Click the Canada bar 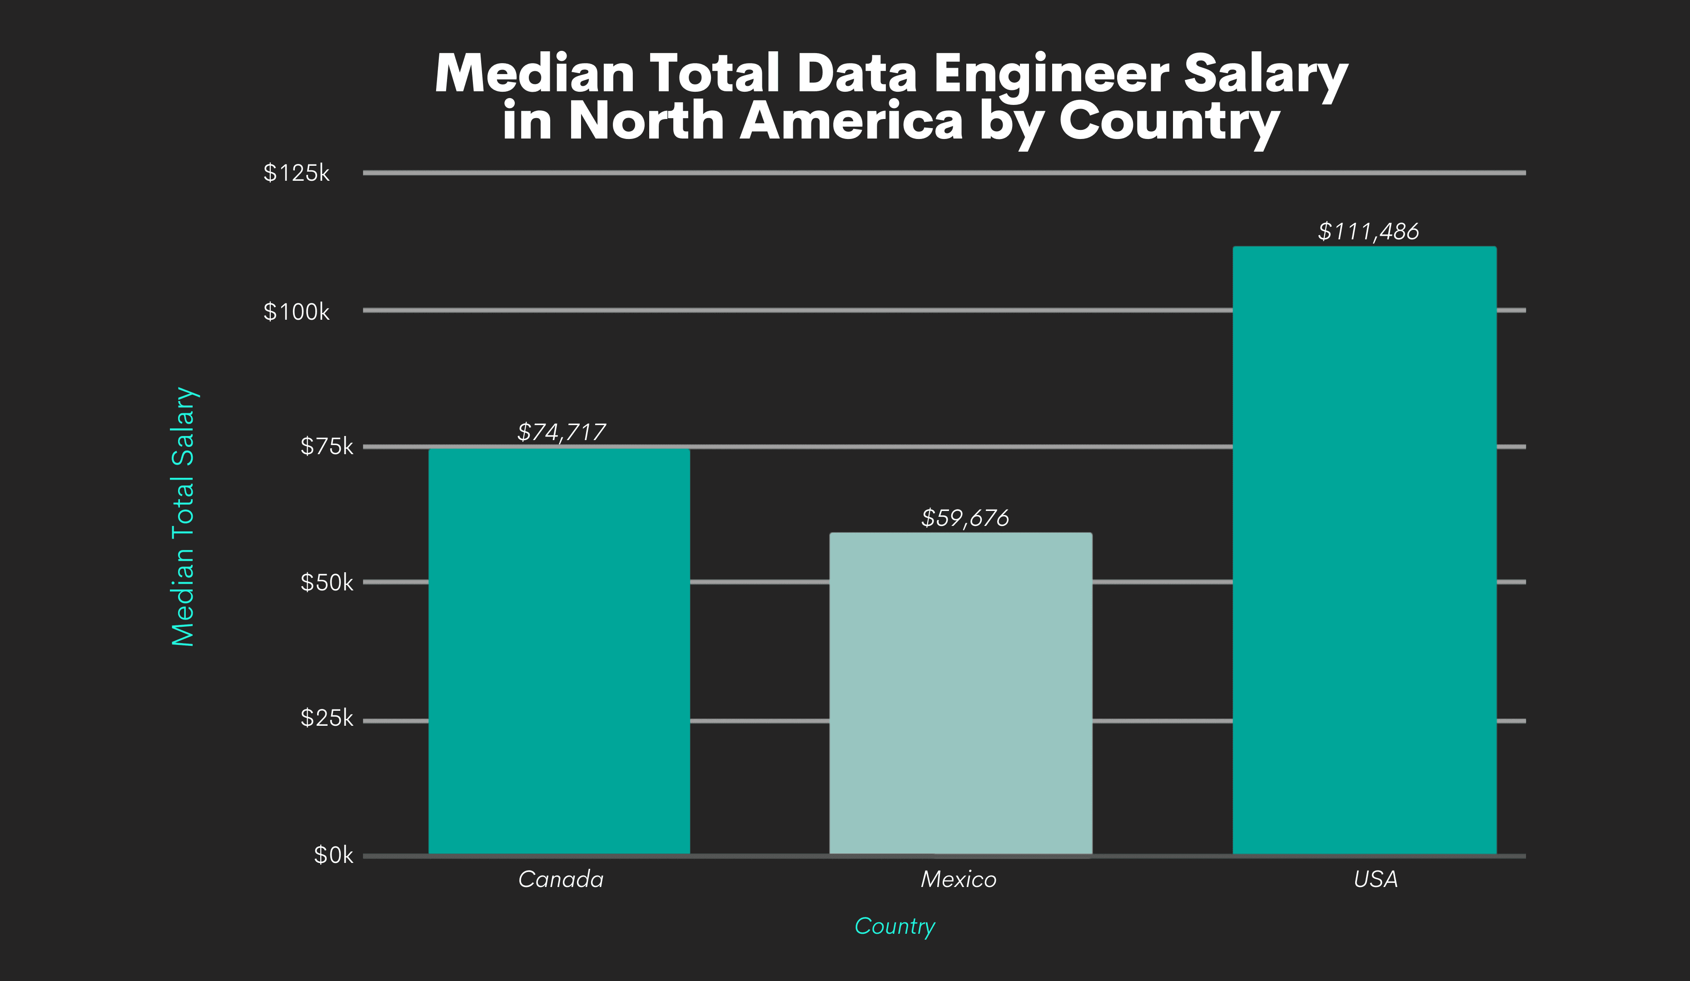559,650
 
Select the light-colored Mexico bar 960,694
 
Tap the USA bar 1364,550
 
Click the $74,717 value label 562,432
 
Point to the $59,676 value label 964,518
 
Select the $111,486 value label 1367,231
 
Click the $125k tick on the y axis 296,173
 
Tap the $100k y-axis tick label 296,312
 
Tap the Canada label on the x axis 561,879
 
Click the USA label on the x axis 1376,879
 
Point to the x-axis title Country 895,926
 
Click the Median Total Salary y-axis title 183,516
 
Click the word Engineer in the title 1051,74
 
